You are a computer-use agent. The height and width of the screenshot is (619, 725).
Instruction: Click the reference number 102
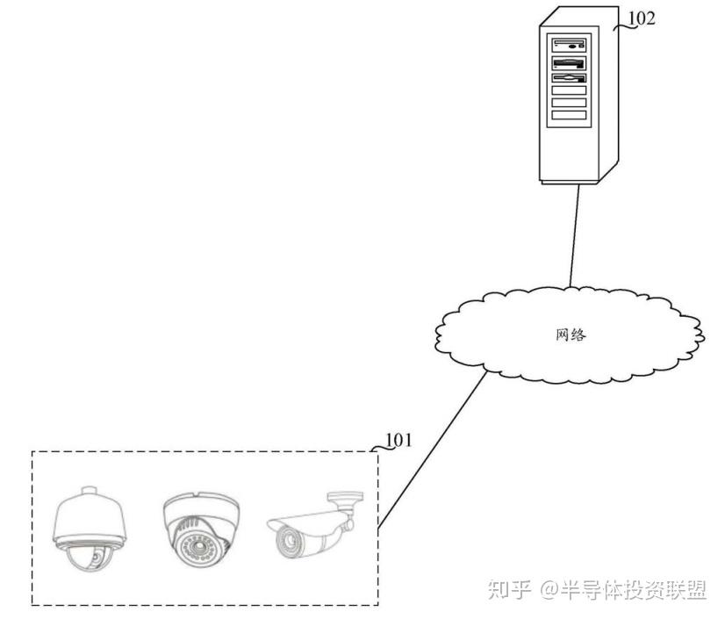click(641, 18)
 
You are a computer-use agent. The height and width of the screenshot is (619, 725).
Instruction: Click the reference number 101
click(398, 439)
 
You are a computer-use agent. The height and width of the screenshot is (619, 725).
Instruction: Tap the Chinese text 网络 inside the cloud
click(571, 335)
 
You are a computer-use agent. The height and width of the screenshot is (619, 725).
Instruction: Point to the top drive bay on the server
click(568, 44)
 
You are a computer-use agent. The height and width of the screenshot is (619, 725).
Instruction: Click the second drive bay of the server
click(568, 62)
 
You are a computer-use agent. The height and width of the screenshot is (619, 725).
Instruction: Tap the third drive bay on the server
click(568, 79)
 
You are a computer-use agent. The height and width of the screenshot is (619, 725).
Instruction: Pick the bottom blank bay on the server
click(568, 114)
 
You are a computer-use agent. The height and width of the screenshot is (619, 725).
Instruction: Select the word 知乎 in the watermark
click(509, 589)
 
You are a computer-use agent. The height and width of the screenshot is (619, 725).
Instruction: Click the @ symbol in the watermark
click(550, 590)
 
